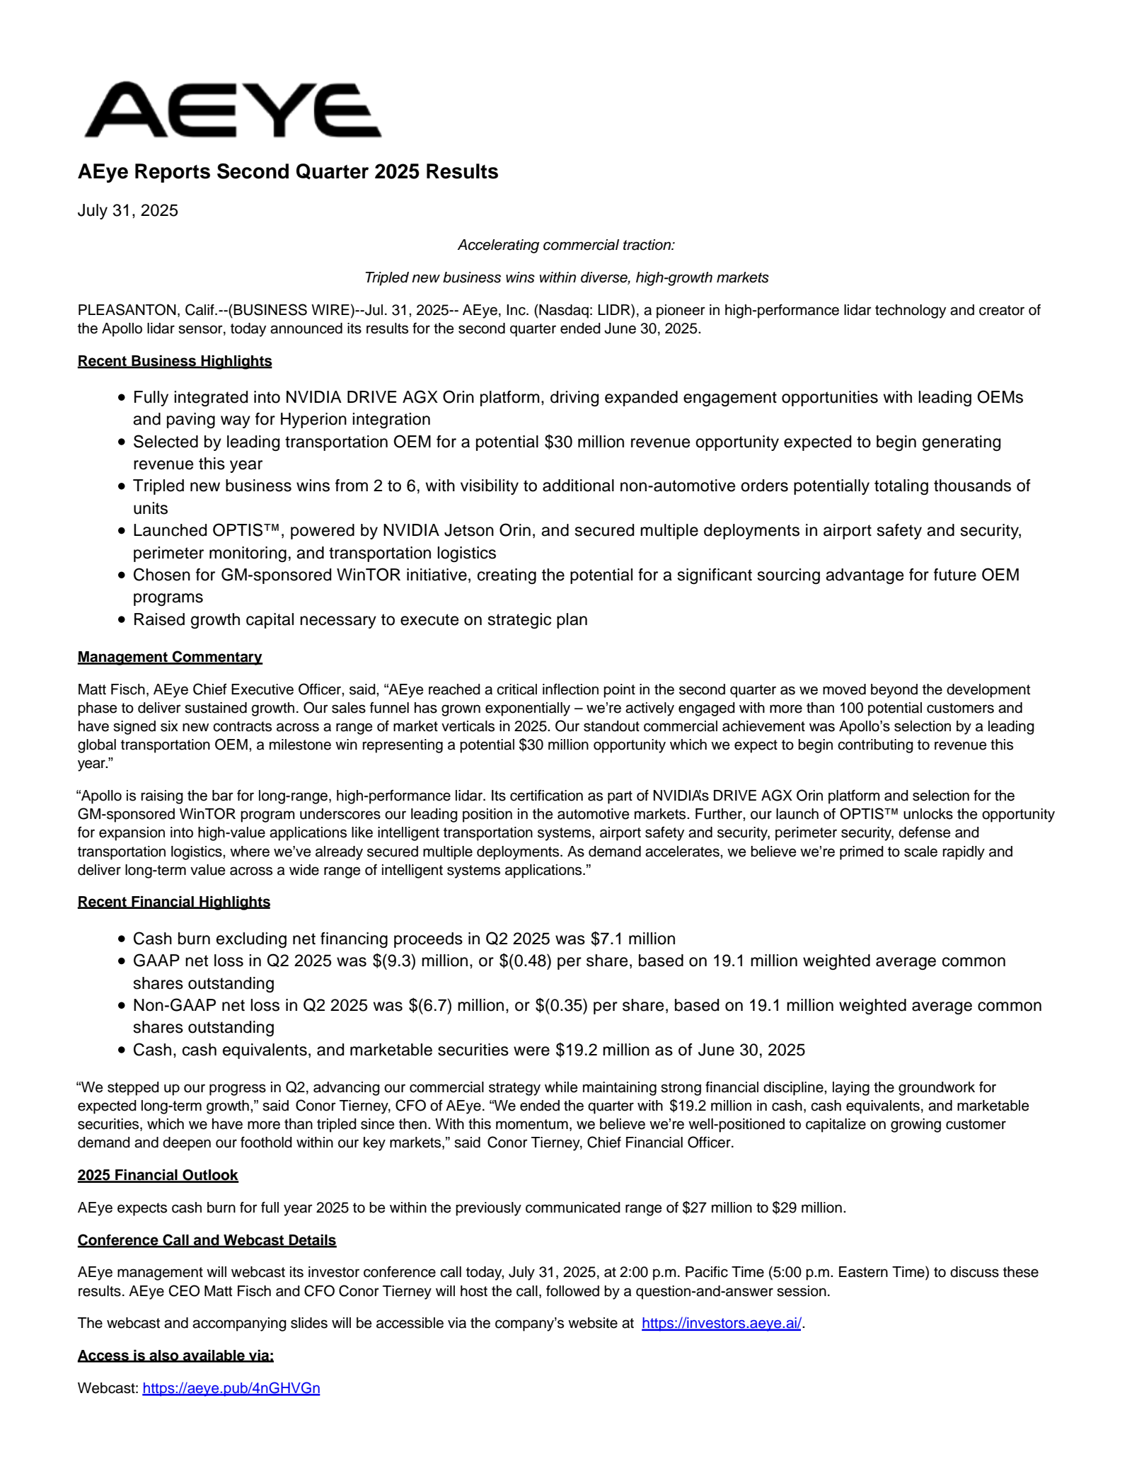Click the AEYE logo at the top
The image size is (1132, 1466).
click(x=232, y=110)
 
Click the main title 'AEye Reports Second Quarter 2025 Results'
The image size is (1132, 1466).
click(x=288, y=172)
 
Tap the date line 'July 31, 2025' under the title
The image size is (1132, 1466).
click(x=128, y=211)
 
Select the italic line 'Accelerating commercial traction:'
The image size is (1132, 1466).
click(x=566, y=245)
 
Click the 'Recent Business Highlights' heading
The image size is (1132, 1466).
click(x=175, y=361)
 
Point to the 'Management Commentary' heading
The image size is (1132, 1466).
click(x=170, y=657)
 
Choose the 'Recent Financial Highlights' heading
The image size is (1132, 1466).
click(x=174, y=902)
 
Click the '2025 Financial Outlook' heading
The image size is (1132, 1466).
click(x=158, y=1175)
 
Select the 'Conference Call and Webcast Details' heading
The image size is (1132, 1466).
click(x=207, y=1240)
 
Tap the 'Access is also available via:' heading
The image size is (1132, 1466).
click(x=175, y=1356)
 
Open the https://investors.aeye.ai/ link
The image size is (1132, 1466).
click(x=721, y=1323)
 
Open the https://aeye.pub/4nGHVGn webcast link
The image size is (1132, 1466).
click(x=231, y=1388)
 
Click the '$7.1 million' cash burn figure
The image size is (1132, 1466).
click(x=633, y=939)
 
